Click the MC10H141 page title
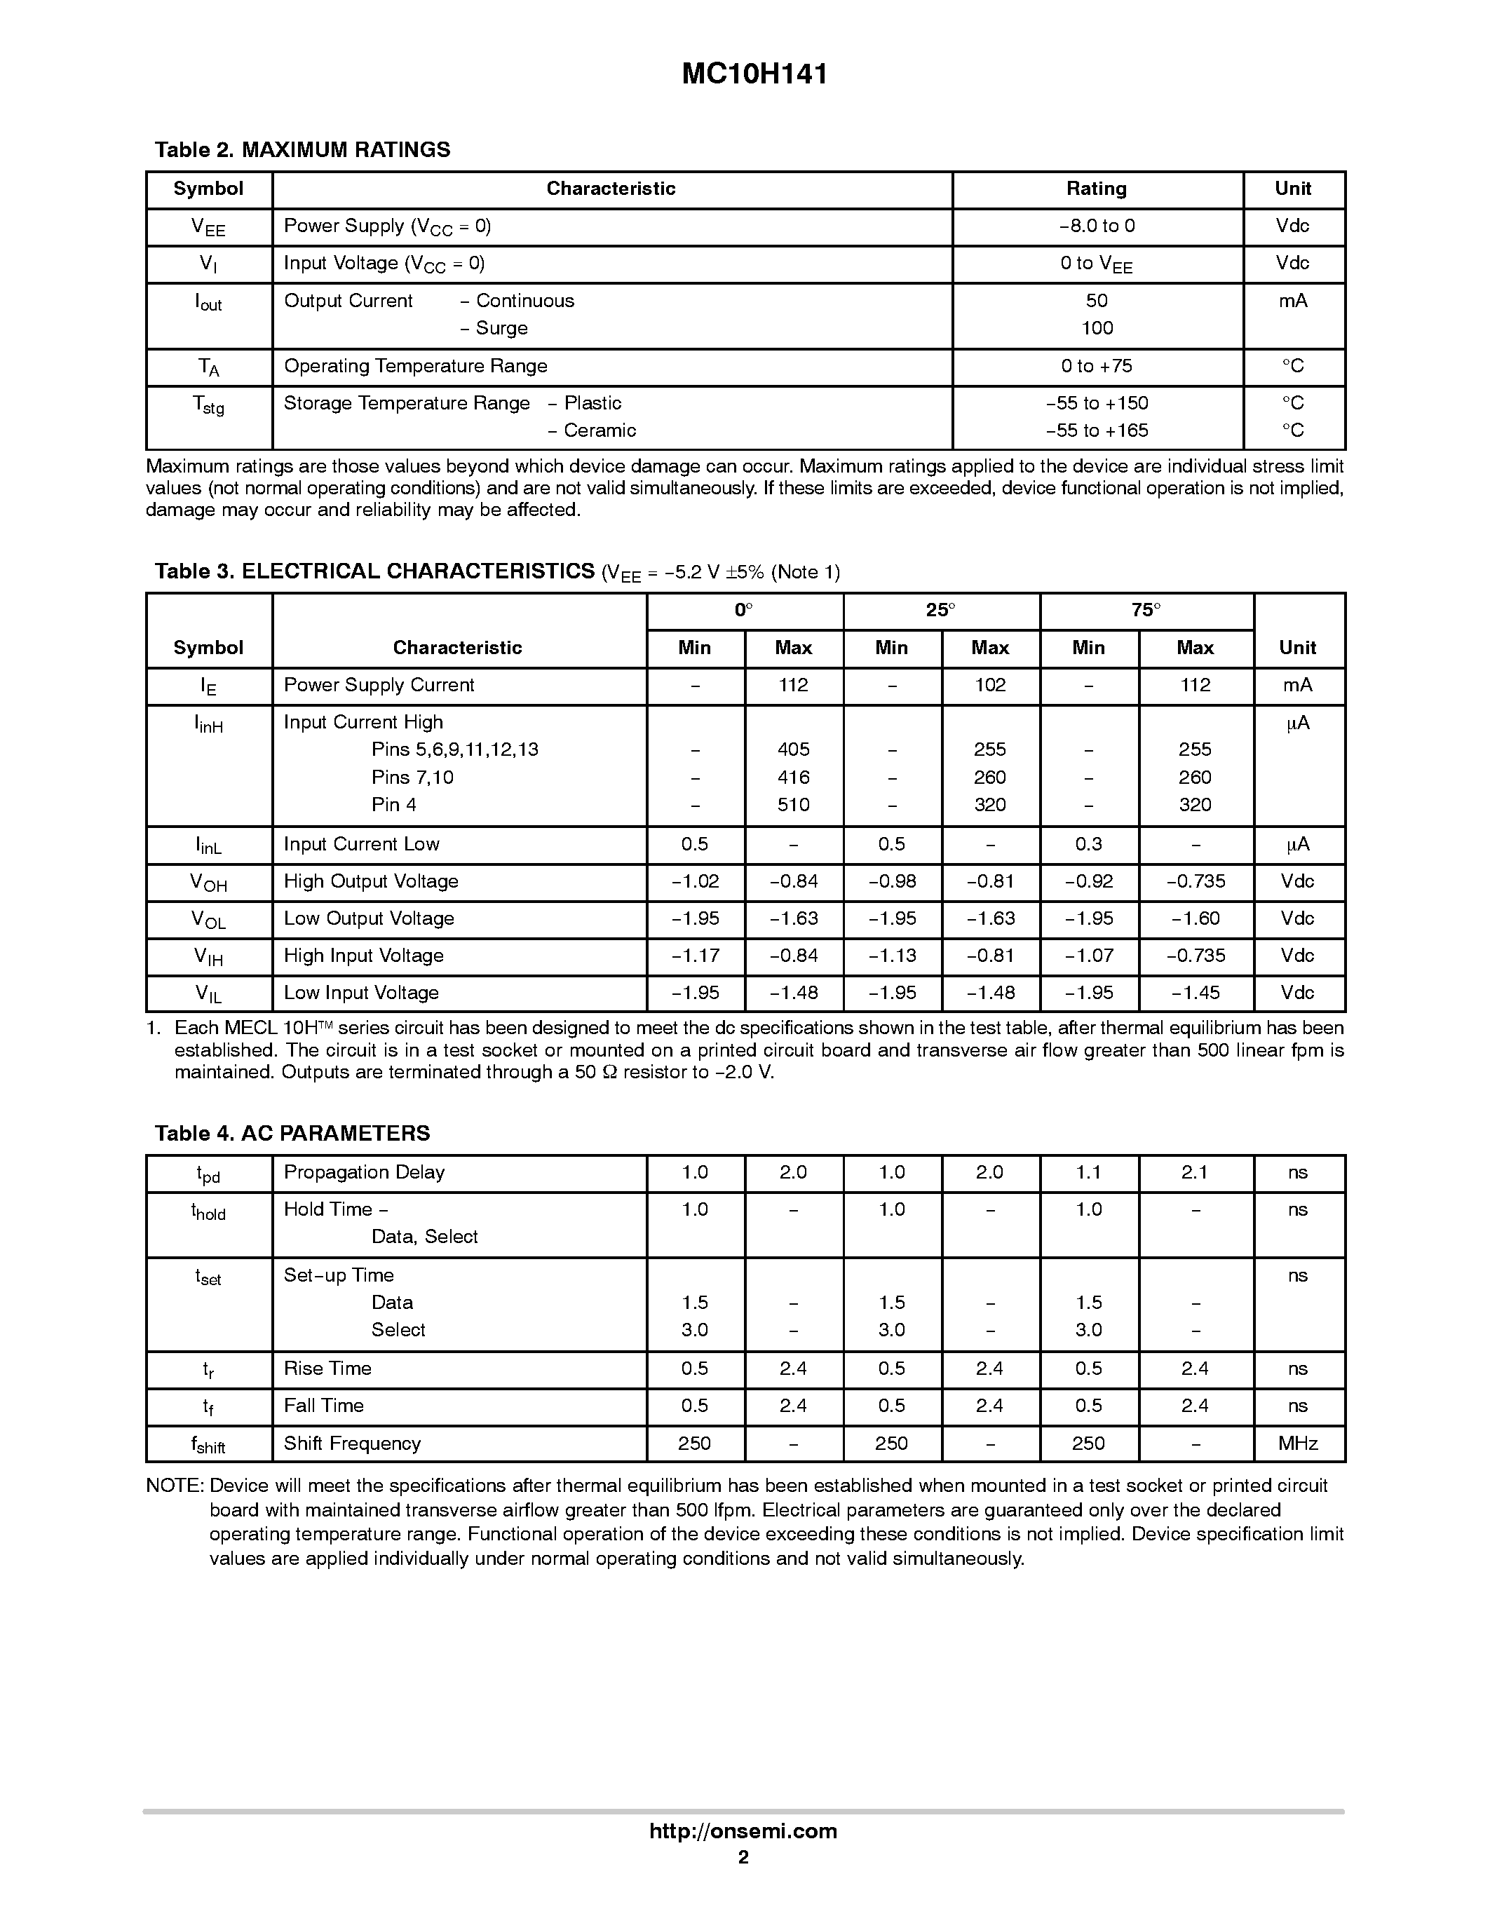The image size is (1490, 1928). pos(754,74)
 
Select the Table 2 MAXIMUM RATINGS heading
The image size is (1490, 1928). pos(302,150)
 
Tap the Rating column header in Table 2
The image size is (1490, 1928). pos(1097,189)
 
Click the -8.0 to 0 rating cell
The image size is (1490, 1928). pos(1097,226)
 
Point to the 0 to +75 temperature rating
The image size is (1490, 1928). pos(1097,367)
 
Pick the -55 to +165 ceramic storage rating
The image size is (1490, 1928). pos(1097,430)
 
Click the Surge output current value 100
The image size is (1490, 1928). pos(1097,328)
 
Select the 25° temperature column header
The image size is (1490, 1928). pos(940,610)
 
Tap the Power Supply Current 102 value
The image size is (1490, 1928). pos(989,685)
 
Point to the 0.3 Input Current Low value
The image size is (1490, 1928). pos(1088,844)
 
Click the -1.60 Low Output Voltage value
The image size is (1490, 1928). pos(1196,918)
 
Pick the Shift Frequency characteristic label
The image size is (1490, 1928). pos(352,1444)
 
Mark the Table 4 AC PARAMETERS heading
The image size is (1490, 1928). pos(292,1134)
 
